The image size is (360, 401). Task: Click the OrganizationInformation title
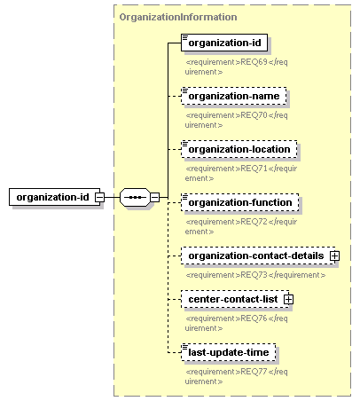(x=178, y=17)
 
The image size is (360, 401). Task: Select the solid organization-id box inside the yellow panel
(x=224, y=43)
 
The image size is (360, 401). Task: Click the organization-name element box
(x=234, y=96)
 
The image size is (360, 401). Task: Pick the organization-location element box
(x=239, y=149)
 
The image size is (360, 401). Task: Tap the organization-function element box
(x=240, y=202)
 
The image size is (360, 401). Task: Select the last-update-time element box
(x=229, y=352)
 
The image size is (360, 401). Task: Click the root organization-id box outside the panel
(x=55, y=197)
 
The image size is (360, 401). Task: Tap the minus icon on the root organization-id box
(x=99, y=197)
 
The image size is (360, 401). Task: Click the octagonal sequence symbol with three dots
(x=135, y=197)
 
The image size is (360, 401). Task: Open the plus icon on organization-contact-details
(x=334, y=256)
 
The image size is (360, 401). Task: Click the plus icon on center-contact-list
(x=288, y=299)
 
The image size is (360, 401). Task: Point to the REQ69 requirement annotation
(x=236, y=67)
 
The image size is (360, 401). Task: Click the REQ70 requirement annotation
(x=236, y=120)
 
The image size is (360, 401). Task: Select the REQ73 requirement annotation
(x=255, y=275)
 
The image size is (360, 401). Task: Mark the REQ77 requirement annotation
(x=236, y=376)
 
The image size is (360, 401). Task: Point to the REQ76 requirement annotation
(x=236, y=323)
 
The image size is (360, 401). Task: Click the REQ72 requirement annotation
(x=241, y=226)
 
